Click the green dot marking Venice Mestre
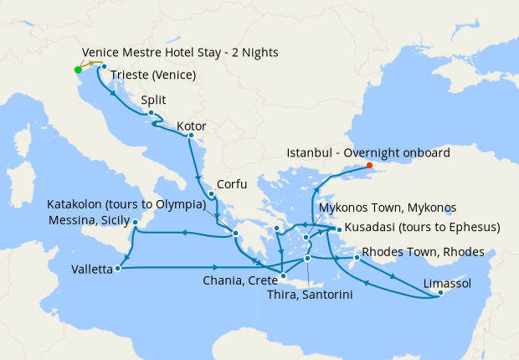tap(78, 69)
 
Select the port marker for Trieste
tap(104, 66)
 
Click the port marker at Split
tap(151, 113)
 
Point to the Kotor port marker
tap(191, 136)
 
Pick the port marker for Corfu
tap(211, 195)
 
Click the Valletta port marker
tap(118, 269)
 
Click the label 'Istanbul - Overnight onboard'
tap(368, 153)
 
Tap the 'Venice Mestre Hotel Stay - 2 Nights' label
tap(180, 53)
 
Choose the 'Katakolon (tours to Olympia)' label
tap(126, 204)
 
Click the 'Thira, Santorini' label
tap(309, 295)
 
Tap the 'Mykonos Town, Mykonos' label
tap(388, 207)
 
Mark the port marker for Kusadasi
tap(338, 228)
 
